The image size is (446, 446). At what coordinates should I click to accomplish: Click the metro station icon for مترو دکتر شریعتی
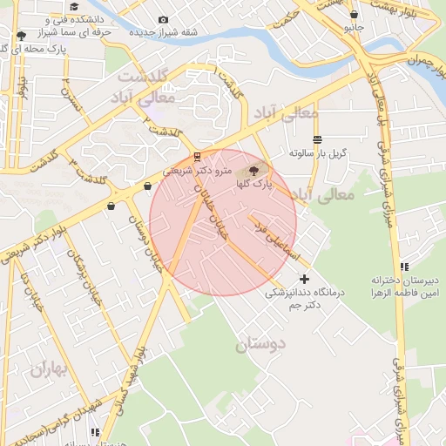pyautogui.click(x=197, y=157)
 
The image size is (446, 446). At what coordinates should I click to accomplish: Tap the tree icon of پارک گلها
pyautogui.click(x=253, y=171)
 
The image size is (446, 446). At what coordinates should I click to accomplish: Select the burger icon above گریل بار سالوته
pyautogui.click(x=317, y=139)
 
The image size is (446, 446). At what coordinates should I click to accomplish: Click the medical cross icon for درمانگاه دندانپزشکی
pyautogui.click(x=303, y=279)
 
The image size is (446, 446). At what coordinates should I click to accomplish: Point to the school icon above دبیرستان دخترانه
pyautogui.click(x=402, y=267)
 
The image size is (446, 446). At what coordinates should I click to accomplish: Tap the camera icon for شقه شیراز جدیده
pyautogui.click(x=164, y=20)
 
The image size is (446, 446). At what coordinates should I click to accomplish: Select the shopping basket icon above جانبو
pyautogui.click(x=354, y=15)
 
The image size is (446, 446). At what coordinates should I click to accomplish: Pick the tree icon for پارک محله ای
pyautogui.click(x=21, y=36)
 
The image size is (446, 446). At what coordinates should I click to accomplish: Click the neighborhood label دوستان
pyautogui.click(x=260, y=344)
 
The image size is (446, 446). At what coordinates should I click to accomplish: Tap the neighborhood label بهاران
pyautogui.click(x=48, y=368)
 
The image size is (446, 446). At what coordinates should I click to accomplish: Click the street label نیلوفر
pyautogui.click(x=23, y=90)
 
